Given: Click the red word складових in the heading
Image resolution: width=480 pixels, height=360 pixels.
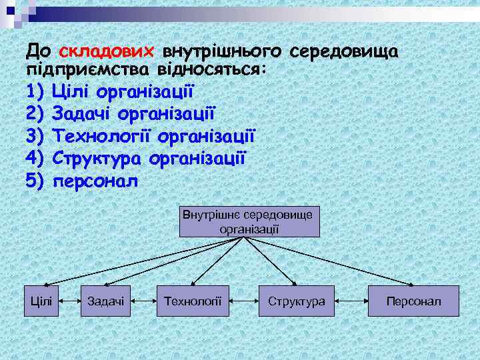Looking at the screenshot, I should tap(107, 52).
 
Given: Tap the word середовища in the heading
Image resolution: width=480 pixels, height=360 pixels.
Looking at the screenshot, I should tap(346, 52).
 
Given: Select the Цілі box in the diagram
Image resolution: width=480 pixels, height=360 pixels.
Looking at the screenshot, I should tap(41, 301).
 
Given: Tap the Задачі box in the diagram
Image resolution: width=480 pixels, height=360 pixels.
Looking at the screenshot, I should tap(105, 301).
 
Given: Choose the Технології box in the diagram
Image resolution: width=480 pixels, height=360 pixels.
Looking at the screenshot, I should tap(193, 301).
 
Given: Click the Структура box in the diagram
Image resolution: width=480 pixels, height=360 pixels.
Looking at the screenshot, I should tap(296, 301).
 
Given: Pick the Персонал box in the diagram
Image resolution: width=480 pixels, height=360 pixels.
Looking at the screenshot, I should tap(413, 301).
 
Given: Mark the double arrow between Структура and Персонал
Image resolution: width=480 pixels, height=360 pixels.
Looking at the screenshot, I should tap(351, 302).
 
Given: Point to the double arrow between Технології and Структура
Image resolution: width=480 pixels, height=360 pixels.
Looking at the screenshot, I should tap(244, 302).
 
